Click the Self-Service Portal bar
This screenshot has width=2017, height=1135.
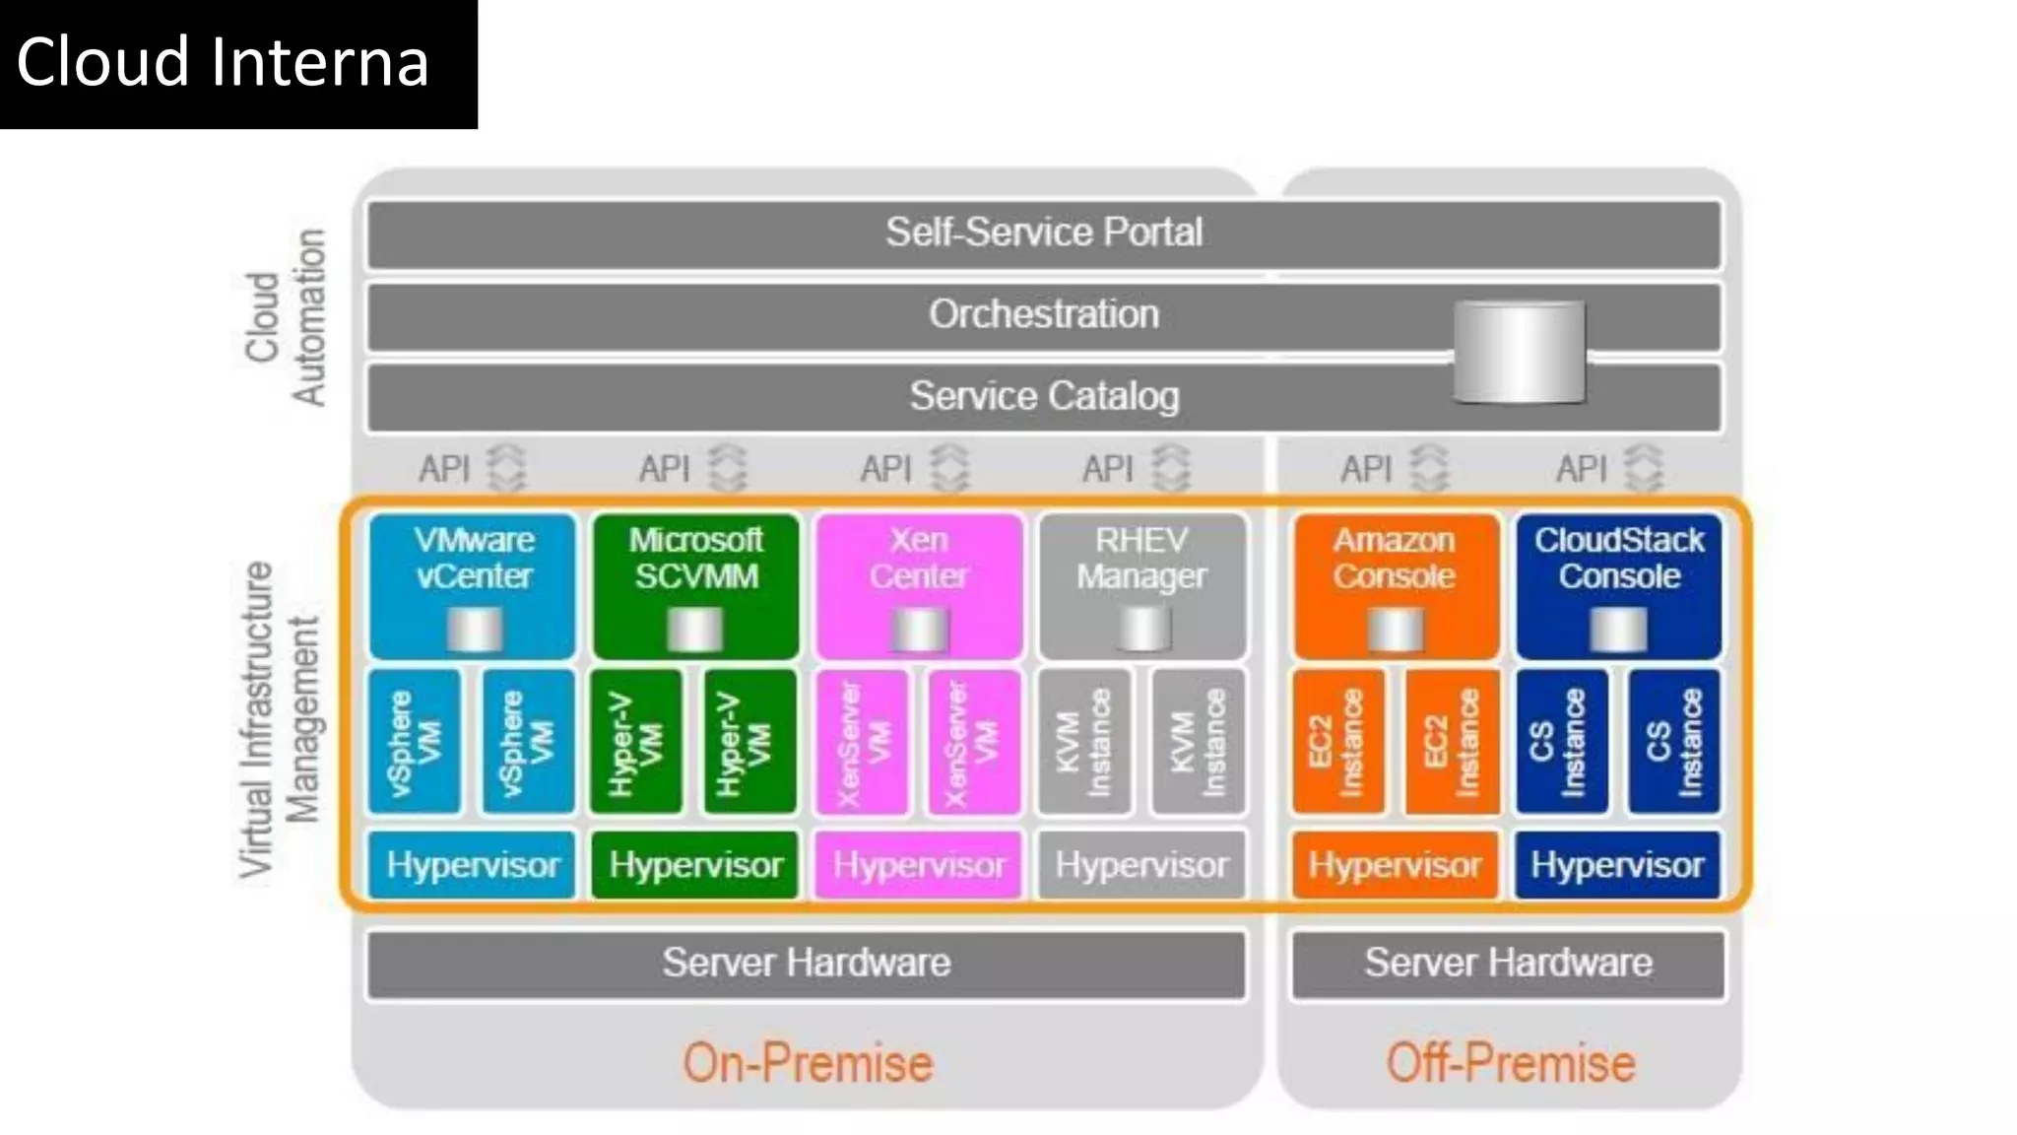pyautogui.click(x=1044, y=234)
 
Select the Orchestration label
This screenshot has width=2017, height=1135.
pyautogui.click(x=1044, y=314)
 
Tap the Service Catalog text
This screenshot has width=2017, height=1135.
pyautogui.click(x=1044, y=396)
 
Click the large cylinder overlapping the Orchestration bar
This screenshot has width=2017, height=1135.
pyautogui.click(x=1520, y=352)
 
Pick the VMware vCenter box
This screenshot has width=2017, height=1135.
pyautogui.click(x=473, y=585)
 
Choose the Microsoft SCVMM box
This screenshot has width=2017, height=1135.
pyautogui.click(x=695, y=585)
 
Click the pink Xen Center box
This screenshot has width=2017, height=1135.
pyautogui.click(x=919, y=585)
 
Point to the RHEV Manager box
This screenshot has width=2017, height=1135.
pyautogui.click(x=1141, y=585)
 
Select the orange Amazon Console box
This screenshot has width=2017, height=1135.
pyautogui.click(x=1395, y=585)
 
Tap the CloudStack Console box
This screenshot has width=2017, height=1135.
pyautogui.click(x=1618, y=585)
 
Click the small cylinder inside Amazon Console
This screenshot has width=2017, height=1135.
pyautogui.click(x=1395, y=630)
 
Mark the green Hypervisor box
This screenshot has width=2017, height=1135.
pyautogui.click(x=695, y=865)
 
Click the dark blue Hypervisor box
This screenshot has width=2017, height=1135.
pyautogui.click(x=1617, y=865)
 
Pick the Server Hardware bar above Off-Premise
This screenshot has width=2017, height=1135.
pyautogui.click(x=1508, y=964)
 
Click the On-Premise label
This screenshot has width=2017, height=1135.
pyautogui.click(x=808, y=1064)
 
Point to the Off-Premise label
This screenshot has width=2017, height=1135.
pyautogui.click(x=1510, y=1064)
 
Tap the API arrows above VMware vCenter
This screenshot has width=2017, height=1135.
pyautogui.click(x=507, y=468)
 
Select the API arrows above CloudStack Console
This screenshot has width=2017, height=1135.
pyautogui.click(x=1643, y=468)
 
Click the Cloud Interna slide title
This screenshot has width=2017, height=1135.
pyautogui.click(x=223, y=62)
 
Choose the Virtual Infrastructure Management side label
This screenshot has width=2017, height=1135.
pyautogui.click(x=280, y=719)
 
